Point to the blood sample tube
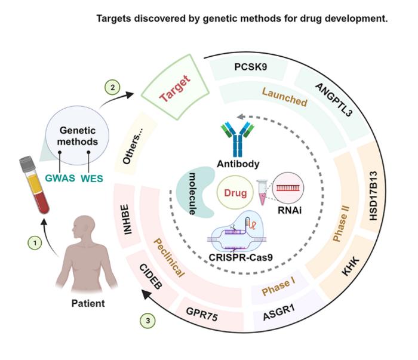pos(34,186)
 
